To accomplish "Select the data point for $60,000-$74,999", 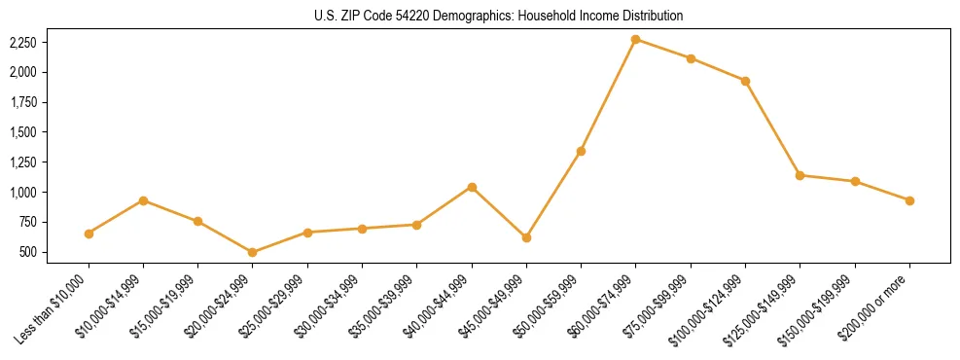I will pyautogui.click(x=635, y=39).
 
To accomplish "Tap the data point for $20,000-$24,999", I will pyautogui.click(x=253, y=252).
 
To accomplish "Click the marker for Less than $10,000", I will pyautogui.click(x=89, y=234).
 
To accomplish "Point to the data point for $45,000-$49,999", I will pyautogui.click(x=526, y=237).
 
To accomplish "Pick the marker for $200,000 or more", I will pyautogui.click(x=909, y=200).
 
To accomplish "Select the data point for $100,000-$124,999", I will pyautogui.click(x=745, y=81).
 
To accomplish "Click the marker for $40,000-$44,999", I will pyautogui.click(x=472, y=187).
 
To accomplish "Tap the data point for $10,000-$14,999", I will pyautogui.click(x=143, y=200).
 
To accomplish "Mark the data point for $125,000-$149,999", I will pyautogui.click(x=800, y=175).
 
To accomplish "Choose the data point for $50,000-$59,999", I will pyautogui.click(x=581, y=151).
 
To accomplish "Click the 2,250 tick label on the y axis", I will pyautogui.click(x=22, y=43).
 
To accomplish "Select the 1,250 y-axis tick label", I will pyautogui.click(x=22, y=162).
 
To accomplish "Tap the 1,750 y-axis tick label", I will pyautogui.click(x=22, y=103).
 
